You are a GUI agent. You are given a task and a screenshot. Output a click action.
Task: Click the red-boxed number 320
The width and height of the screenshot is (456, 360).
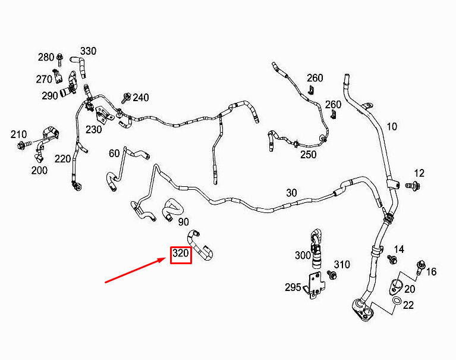pos(181,253)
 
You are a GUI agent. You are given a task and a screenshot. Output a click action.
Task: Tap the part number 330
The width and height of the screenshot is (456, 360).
pos(88,51)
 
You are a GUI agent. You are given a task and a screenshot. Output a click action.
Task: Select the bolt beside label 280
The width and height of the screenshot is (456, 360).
pos(60,60)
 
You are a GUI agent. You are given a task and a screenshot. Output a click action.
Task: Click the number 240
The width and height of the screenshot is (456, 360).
pos(141,98)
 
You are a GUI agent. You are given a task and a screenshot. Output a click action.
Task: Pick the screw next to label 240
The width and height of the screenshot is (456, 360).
pos(126,98)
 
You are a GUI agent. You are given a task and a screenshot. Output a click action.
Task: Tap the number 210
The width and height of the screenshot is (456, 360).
pos(18,134)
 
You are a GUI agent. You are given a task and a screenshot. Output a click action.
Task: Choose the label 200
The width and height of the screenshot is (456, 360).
pos(39,170)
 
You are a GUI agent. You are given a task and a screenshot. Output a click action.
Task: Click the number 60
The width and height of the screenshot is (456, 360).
pos(114,153)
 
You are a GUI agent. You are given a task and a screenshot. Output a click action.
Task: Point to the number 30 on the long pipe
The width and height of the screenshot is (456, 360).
pos(291,193)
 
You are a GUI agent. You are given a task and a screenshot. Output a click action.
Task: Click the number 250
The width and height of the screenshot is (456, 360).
pos(309,155)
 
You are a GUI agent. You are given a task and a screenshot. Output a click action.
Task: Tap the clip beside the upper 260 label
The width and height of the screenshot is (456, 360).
pos(311,90)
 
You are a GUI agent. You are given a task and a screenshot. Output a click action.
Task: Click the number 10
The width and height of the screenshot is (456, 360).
pos(392,127)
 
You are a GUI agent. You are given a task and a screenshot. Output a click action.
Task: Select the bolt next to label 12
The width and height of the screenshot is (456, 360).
pos(413,186)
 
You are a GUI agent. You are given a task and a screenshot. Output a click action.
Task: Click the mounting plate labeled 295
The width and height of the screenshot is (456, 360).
pos(315,284)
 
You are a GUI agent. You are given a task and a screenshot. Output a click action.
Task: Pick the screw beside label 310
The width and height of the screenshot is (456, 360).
pos(332,275)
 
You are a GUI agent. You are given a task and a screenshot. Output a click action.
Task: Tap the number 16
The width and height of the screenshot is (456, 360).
pos(431,272)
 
